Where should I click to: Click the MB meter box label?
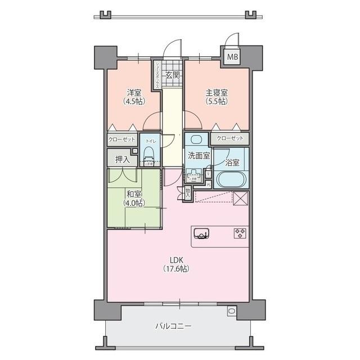tap(232, 57)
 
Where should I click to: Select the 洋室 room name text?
tap(133, 92)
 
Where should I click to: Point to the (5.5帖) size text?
tap(217, 101)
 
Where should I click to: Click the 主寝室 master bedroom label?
tap(217, 92)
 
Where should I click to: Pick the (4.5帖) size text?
tap(133, 101)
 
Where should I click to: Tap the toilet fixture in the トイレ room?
tap(149, 153)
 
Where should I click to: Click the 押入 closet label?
tap(122, 160)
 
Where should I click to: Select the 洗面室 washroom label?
tap(199, 156)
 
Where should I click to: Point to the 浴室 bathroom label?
tap(232, 163)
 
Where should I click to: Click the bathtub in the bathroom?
tap(231, 179)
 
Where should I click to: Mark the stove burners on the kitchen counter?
tap(240, 232)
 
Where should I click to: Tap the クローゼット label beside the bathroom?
tap(231, 138)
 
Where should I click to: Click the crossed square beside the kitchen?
tap(241, 198)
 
